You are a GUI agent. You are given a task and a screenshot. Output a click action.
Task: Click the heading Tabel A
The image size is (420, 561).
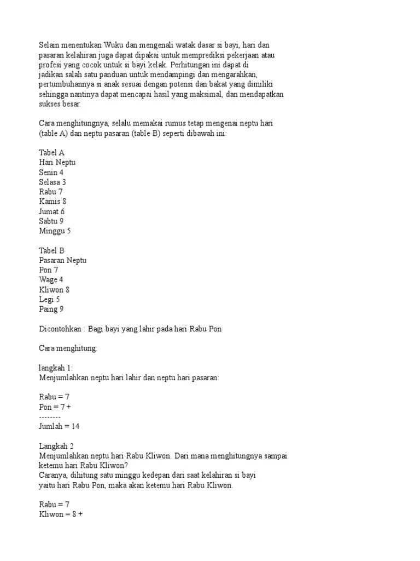[52, 153]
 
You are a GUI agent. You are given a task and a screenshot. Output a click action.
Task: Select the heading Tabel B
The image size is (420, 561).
[52, 250]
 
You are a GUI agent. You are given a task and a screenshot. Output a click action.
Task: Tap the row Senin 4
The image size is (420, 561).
[51, 173]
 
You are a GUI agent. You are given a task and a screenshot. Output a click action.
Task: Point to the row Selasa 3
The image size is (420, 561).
[52, 182]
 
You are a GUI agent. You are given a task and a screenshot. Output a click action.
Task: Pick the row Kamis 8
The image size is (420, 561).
[52, 202]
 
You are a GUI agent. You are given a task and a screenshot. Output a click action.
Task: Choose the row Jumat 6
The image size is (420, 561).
[52, 211]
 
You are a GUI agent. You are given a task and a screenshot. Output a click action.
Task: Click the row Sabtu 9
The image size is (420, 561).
[51, 221]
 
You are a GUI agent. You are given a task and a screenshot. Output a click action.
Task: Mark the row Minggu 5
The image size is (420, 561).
[55, 231]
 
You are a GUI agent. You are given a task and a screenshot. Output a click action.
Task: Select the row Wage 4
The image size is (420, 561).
[51, 279]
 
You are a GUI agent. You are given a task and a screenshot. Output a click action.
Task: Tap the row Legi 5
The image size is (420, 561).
[50, 299]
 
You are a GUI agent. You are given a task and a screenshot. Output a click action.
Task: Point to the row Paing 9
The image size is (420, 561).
[51, 309]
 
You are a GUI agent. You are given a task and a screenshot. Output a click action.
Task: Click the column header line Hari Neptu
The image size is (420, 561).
[57, 163]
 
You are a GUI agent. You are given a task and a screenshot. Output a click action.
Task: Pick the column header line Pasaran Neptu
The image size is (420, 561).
[63, 260]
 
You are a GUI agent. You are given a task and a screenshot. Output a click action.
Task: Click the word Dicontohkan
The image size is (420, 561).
[62, 329]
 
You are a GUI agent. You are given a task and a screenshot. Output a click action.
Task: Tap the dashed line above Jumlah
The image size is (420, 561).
[50, 417]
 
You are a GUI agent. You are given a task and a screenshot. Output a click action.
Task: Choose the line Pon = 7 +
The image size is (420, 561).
[55, 407]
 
